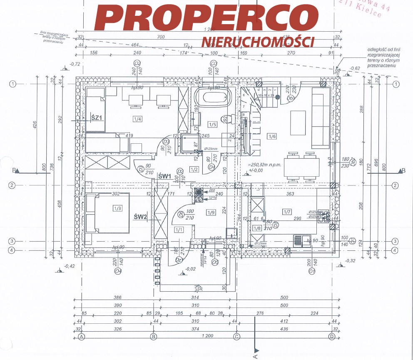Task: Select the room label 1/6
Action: pyautogui.click(x=272, y=136)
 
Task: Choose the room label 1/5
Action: pyautogui.click(x=212, y=124)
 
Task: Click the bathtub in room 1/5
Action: pyautogui.click(x=213, y=97)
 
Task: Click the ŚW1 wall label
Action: pyautogui.click(x=165, y=176)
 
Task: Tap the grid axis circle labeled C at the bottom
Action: pyautogui.click(x=237, y=336)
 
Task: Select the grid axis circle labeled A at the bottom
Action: pyautogui.click(x=82, y=336)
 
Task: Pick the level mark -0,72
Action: pyautogui.click(x=75, y=65)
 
